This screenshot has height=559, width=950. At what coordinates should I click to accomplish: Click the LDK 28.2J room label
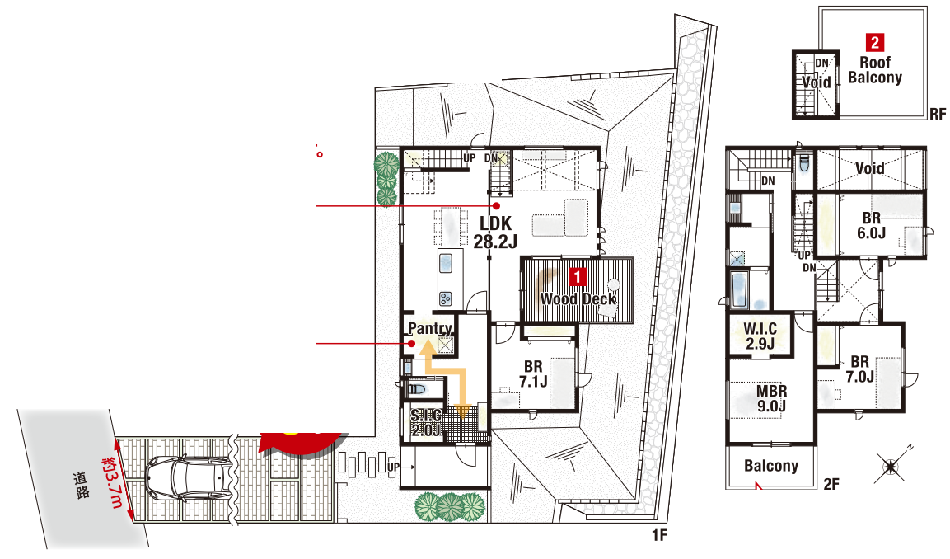click(496, 233)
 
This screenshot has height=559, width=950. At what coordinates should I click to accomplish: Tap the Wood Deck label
click(578, 298)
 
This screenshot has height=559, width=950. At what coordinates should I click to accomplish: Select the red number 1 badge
click(578, 276)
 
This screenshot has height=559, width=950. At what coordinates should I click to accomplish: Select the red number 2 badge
click(875, 42)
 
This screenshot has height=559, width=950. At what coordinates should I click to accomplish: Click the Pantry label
click(429, 328)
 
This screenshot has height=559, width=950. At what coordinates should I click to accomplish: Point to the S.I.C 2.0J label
click(426, 423)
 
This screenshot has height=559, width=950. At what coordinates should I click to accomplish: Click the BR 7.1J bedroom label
click(533, 374)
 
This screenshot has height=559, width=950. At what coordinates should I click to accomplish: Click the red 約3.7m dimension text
click(113, 482)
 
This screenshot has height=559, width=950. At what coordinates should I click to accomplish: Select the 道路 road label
click(82, 485)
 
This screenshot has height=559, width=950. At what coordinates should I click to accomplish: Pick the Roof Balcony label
click(875, 70)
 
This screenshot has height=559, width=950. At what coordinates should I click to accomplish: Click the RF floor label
click(938, 114)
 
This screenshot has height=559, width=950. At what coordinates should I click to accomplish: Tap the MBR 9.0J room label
click(771, 398)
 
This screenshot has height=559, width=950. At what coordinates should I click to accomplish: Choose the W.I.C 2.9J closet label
click(760, 336)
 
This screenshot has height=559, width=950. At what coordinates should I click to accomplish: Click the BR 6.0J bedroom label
click(871, 226)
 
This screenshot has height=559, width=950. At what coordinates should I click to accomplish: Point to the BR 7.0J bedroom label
click(859, 369)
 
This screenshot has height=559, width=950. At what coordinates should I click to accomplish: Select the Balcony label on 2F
click(771, 466)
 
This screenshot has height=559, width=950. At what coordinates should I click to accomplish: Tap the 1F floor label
click(660, 535)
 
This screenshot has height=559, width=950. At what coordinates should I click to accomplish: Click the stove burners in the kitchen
click(445, 298)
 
